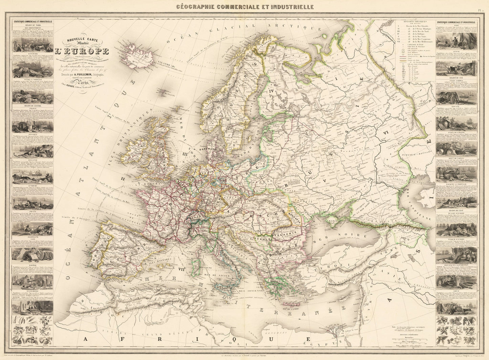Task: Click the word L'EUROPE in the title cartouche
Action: pos(82,52)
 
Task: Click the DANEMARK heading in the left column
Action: pos(33,54)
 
